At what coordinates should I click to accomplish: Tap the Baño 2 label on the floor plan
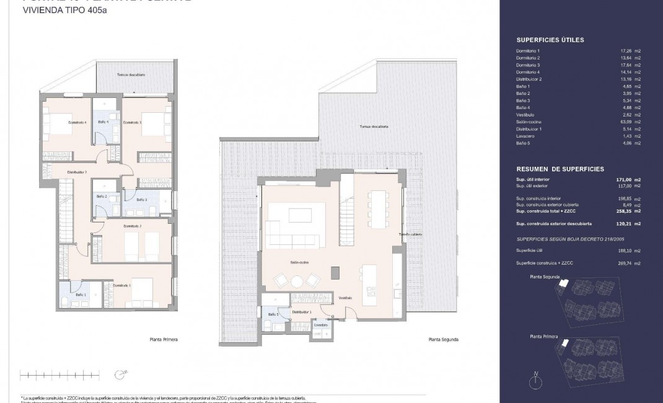coord(102,197)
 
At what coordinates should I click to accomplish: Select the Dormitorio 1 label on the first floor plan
coord(121,286)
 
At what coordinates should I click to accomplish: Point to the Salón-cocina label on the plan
coord(301,262)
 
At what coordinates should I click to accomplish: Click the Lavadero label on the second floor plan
coord(320,324)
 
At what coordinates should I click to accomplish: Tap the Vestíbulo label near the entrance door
coord(345,298)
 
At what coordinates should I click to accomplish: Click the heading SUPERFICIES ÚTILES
coord(550,40)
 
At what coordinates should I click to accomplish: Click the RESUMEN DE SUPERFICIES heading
coord(560,169)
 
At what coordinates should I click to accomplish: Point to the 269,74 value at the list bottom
coord(621,263)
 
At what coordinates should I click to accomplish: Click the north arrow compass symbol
coord(535,380)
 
